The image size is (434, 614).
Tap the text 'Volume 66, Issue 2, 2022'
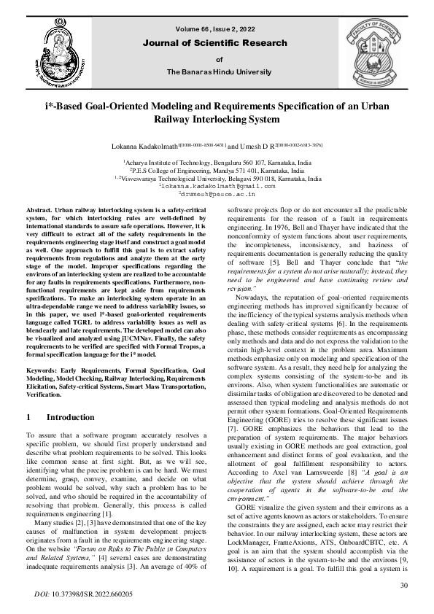click(x=218, y=29)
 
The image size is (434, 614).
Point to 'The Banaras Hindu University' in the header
click(x=218, y=71)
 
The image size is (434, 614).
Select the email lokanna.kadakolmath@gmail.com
click(x=217, y=186)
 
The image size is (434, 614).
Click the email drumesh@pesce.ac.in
click(x=217, y=194)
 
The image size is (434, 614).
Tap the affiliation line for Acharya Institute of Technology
click(x=217, y=162)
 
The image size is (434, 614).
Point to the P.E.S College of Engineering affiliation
click(x=217, y=170)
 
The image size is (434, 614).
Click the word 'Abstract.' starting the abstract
click(x=41, y=209)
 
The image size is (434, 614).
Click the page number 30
click(x=403, y=586)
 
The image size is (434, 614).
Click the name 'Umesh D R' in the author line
click(x=257, y=147)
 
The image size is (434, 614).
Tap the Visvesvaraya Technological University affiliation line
click(x=217, y=178)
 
